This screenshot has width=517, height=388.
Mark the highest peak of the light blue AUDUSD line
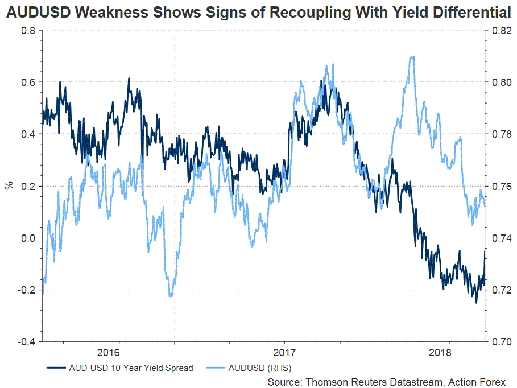point(411,56)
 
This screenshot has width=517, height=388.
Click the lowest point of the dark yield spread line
point(476,303)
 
